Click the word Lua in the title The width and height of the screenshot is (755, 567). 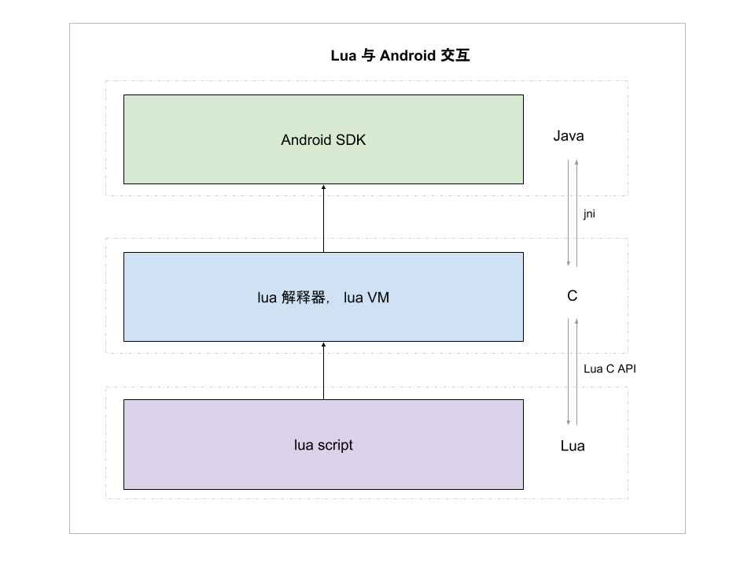(x=344, y=56)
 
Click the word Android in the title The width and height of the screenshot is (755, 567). (x=408, y=56)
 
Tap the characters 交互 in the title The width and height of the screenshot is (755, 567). (x=456, y=56)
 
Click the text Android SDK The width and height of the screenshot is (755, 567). (x=323, y=140)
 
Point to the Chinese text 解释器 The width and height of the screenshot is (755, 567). (x=304, y=298)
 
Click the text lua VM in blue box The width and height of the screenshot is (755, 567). (x=367, y=298)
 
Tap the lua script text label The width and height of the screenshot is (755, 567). (x=323, y=445)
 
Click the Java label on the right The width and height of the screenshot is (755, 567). (x=569, y=136)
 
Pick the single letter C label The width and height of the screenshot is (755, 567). (x=573, y=296)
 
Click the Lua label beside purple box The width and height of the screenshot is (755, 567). (x=573, y=447)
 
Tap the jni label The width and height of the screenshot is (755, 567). (x=589, y=213)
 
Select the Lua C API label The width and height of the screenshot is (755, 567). (x=610, y=369)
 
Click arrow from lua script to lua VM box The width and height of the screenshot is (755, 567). (x=323, y=370)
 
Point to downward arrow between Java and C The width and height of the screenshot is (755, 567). (x=569, y=213)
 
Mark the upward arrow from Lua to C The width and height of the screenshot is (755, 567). (x=577, y=370)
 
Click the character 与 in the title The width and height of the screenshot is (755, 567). (x=367, y=56)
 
